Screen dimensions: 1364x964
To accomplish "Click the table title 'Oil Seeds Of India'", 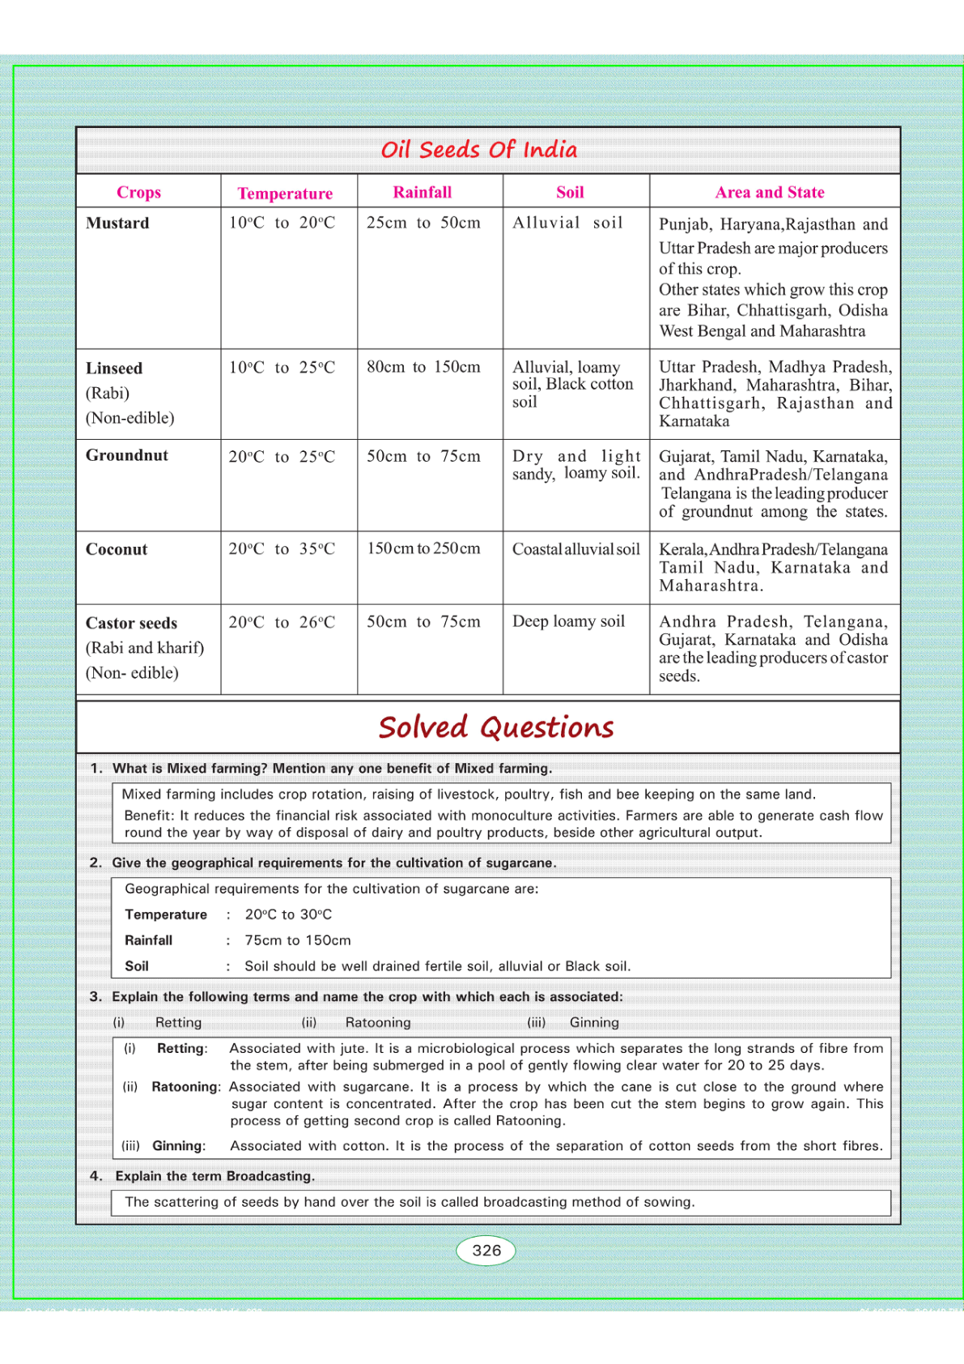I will pyautogui.click(x=479, y=150).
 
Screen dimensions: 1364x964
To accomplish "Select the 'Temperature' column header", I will pyautogui.click(x=285, y=194).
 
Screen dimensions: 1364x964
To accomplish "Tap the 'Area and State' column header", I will pyautogui.click(x=769, y=193).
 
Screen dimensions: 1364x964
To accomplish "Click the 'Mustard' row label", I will pyautogui.click(x=117, y=224).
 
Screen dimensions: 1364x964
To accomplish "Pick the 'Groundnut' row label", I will pyautogui.click(x=127, y=456).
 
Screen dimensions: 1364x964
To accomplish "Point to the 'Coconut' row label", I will pyautogui.click(x=117, y=550).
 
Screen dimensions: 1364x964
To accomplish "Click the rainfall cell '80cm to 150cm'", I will pyautogui.click(x=423, y=368).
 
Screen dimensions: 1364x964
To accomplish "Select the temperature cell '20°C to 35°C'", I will pyautogui.click(x=282, y=549).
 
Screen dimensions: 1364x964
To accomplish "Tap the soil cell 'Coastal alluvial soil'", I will pyautogui.click(x=575, y=550).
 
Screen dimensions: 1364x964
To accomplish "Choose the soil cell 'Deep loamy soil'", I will pyautogui.click(x=568, y=622).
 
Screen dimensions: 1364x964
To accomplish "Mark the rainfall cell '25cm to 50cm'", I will pyautogui.click(x=423, y=224).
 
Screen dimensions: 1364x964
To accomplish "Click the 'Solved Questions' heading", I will pyautogui.click(x=496, y=727).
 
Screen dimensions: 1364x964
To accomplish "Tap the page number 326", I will pyautogui.click(x=486, y=1251).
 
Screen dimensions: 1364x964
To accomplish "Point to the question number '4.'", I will pyautogui.click(x=96, y=1177).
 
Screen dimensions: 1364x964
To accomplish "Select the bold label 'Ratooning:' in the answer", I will pyautogui.click(x=186, y=1087).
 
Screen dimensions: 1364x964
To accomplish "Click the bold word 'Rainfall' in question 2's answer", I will pyautogui.click(x=148, y=941).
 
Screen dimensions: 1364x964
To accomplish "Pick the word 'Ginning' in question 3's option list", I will pyautogui.click(x=594, y=1023).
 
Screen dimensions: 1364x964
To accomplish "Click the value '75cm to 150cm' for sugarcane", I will pyautogui.click(x=298, y=941).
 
